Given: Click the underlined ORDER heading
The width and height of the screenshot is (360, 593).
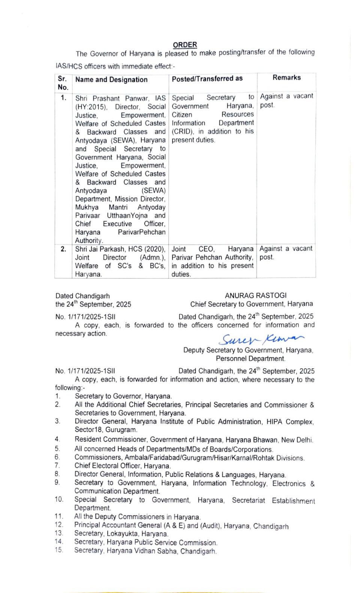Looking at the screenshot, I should tap(185, 45).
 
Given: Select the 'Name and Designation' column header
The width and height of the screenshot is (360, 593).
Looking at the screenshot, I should tap(111, 80).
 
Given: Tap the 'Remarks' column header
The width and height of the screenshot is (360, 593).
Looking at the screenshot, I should tap(286, 78).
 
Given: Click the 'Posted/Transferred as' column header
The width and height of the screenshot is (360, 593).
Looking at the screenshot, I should tap(207, 78).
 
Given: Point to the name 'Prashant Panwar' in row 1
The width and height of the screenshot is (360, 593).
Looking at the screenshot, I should tap(121, 98).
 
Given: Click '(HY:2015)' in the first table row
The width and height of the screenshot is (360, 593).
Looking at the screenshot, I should tap(91, 107).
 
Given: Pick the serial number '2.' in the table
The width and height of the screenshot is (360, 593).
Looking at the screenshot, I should tap(63, 249).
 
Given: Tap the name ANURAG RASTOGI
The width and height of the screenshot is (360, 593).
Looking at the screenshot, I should tap(255, 296).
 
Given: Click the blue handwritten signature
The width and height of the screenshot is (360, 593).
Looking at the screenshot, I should tap(261, 339).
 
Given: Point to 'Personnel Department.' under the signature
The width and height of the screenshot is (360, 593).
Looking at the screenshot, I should tap(250, 359).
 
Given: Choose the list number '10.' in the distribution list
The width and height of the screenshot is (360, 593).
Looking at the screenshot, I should tap(59, 499).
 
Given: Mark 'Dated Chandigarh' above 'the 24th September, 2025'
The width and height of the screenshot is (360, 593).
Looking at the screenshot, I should tap(82, 296).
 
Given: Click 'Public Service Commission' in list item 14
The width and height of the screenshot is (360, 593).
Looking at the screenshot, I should tap(178, 542).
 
